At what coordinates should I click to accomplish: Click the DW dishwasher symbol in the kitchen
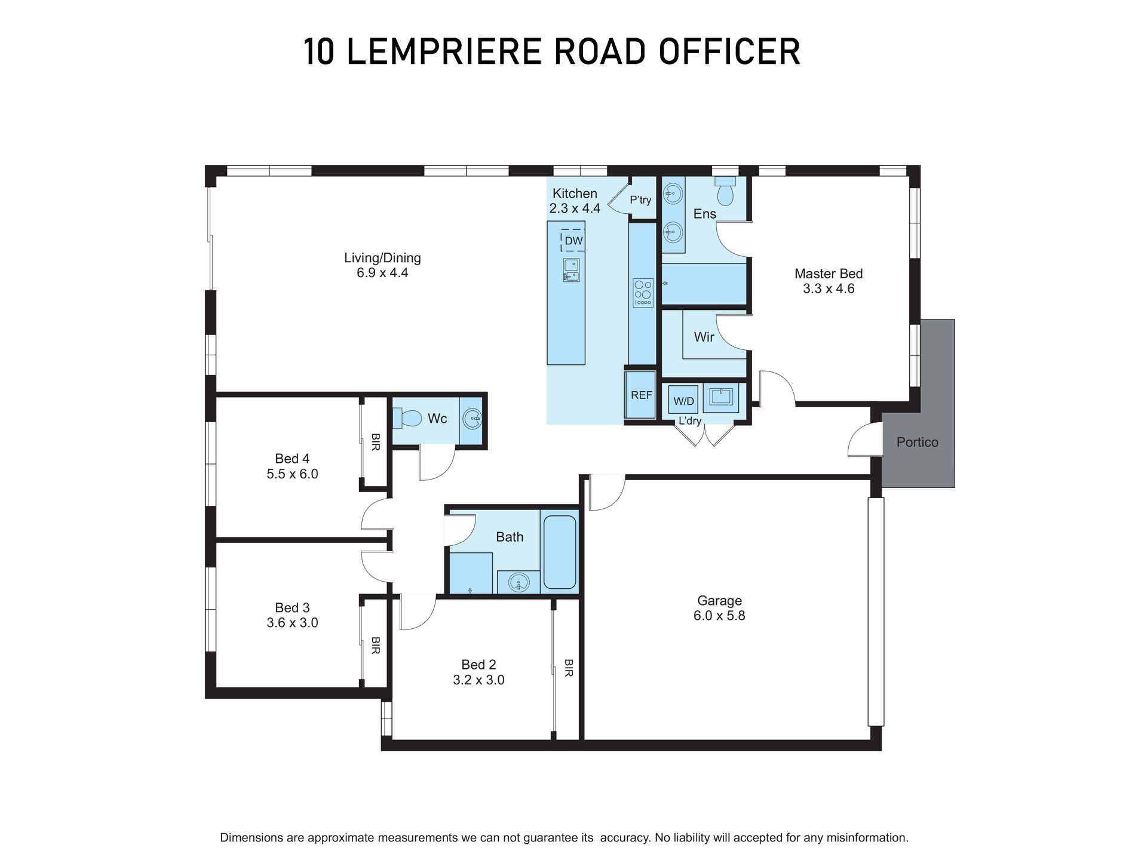(x=573, y=241)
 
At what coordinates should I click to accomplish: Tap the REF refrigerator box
(x=641, y=395)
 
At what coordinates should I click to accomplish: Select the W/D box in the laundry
(x=683, y=401)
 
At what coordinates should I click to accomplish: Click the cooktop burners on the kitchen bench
(x=643, y=293)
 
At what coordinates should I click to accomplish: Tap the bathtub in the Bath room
(x=560, y=552)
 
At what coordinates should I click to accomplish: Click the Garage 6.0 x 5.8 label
(x=719, y=608)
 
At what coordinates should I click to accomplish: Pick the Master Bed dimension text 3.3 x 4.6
(x=828, y=289)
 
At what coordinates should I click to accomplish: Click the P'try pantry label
(x=640, y=199)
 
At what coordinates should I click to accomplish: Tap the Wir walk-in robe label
(x=704, y=337)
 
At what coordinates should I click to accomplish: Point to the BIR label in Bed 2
(x=568, y=668)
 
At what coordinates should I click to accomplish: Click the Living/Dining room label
(x=382, y=258)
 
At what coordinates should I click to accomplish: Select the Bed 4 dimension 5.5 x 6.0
(x=292, y=474)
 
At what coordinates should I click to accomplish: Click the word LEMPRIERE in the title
(x=444, y=51)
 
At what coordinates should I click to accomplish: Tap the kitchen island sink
(x=570, y=270)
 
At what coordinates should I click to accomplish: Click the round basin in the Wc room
(x=473, y=419)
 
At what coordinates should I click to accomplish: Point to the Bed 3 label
(x=292, y=607)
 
